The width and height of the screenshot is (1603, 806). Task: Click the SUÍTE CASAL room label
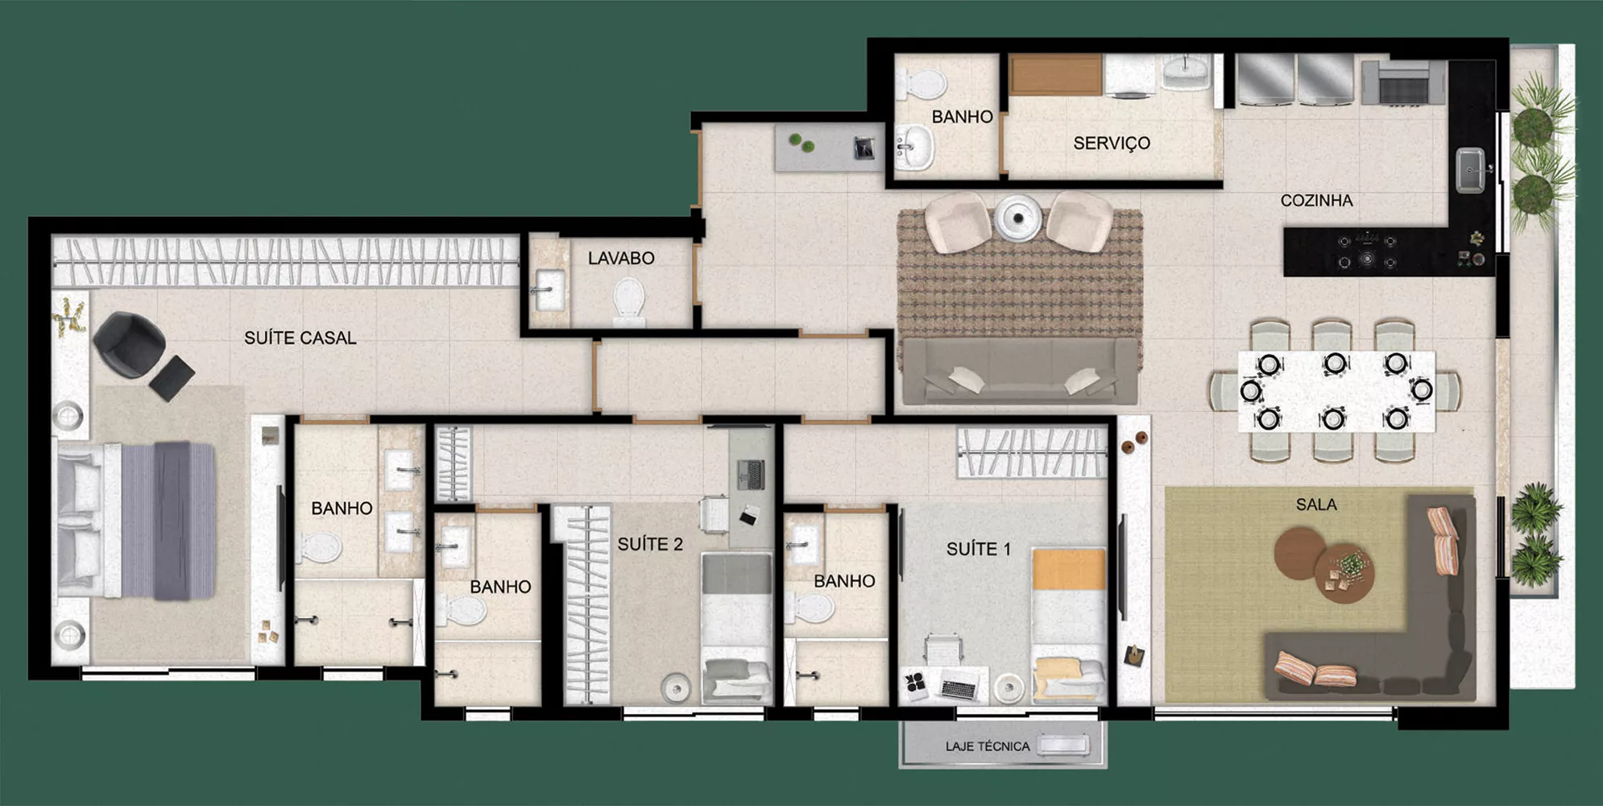coord(300,338)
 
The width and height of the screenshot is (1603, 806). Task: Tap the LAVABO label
coord(621,259)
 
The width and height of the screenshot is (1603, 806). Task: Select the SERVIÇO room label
coord(1112,143)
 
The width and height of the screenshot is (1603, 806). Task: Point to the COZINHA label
coord(1316,201)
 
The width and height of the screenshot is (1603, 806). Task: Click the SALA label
coord(1316,505)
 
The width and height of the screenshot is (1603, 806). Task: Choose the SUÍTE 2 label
coord(650,545)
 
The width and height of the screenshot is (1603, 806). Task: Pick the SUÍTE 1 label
coord(978,550)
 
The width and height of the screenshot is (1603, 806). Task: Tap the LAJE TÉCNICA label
coord(988,746)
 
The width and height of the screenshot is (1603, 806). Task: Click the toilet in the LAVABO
coord(628,301)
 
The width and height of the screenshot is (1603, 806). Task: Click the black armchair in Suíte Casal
coord(130,344)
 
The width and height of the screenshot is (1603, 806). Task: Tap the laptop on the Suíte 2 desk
coord(751,474)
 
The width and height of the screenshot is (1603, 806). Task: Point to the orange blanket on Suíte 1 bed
coord(1069,569)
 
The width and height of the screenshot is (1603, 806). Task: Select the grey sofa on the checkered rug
coord(1021,371)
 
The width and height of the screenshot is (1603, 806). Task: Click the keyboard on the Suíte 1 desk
coord(959,688)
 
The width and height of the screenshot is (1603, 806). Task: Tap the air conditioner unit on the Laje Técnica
coord(1063,746)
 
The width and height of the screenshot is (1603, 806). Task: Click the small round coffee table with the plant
coord(1344,573)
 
